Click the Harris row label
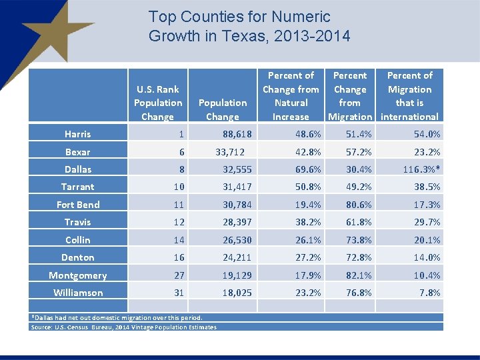pyautogui.click(x=78, y=134)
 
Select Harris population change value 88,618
pyautogui.click(x=237, y=134)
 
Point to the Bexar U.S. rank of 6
pyautogui.click(x=181, y=152)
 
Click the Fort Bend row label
pyautogui.click(x=78, y=205)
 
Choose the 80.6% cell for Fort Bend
pyautogui.click(x=359, y=205)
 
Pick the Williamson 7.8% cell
pyautogui.click(x=431, y=293)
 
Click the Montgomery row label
pyautogui.click(x=78, y=275)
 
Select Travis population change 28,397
pyautogui.click(x=237, y=222)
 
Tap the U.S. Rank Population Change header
pyautogui.click(x=158, y=103)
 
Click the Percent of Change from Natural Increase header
pyautogui.click(x=291, y=96)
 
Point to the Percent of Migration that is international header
pyautogui.click(x=409, y=96)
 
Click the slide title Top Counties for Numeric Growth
pyautogui.click(x=249, y=26)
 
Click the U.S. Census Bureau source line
pyautogui.click(x=124, y=327)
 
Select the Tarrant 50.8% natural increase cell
pyautogui.click(x=308, y=187)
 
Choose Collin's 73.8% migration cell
pyautogui.click(x=359, y=240)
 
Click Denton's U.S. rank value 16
pyautogui.click(x=179, y=257)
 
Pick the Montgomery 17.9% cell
pyautogui.click(x=308, y=275)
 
